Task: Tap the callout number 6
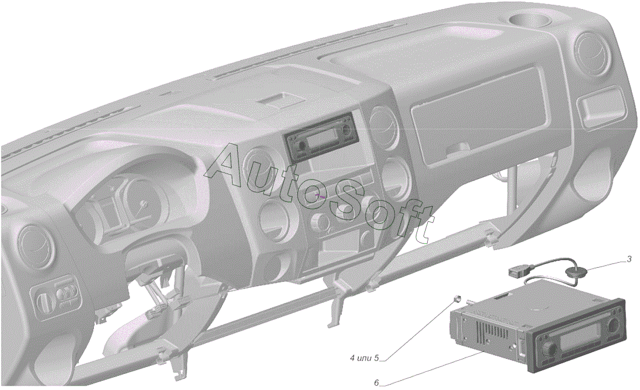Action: coord(377,383)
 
